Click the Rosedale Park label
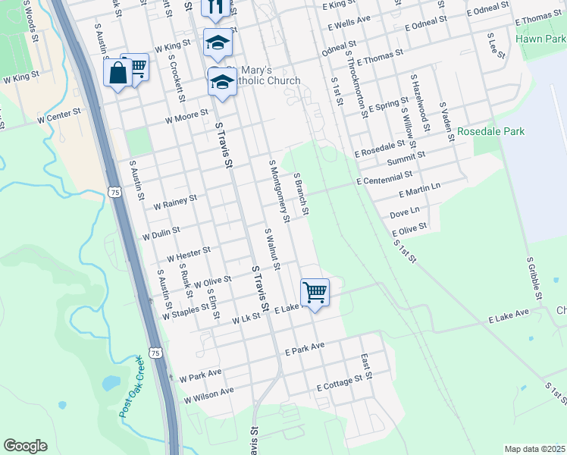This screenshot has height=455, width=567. pyautogui.click(x=491, y=131)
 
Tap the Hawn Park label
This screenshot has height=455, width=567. pyautogui.click(x=540, y=38)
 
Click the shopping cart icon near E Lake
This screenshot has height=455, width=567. pyautogui.click(x=315, y=292)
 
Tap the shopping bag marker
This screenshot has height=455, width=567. pyautogui.click(x=117, y=74)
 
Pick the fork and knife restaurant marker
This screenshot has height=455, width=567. pyautogui.click(x=214, y=8)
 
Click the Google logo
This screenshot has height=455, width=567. pyautogui.click(x=25, y=446)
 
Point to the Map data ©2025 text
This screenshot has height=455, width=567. pyautogui.click(x=534, y=449)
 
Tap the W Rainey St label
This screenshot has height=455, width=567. pyautogui.click(x=175, y=202)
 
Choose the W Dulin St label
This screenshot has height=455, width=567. pyautogui.click(x=161, y=232)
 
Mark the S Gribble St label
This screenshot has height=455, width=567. pyautogui.click(x=533, y=278)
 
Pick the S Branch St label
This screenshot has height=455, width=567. pyautogui.click(x=301, y=193)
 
